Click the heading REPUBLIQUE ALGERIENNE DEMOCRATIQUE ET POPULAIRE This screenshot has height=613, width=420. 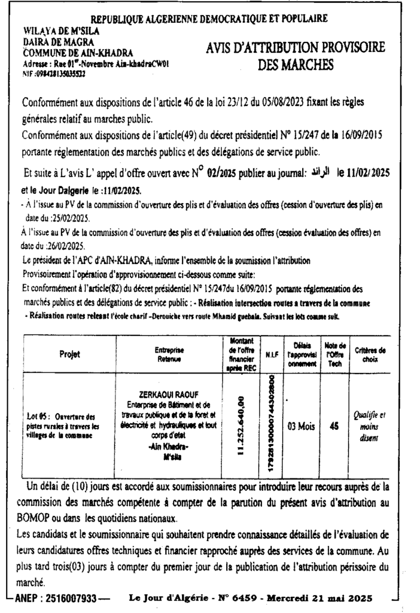(x=209, y=18)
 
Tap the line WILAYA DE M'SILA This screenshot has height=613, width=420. (x=61, y=31)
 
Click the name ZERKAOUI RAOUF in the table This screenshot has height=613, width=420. (x=170, y=396)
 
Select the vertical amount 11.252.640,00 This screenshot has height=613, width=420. (x=242, y=427)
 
